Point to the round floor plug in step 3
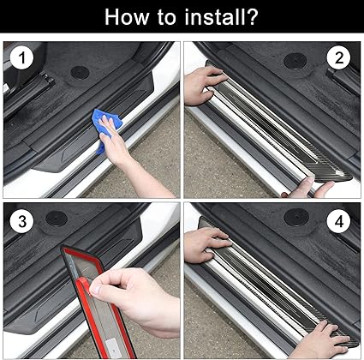click(x=56, y=218)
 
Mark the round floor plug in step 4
click(x=295, y=217)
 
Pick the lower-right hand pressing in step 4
click(x=317, y=343)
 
